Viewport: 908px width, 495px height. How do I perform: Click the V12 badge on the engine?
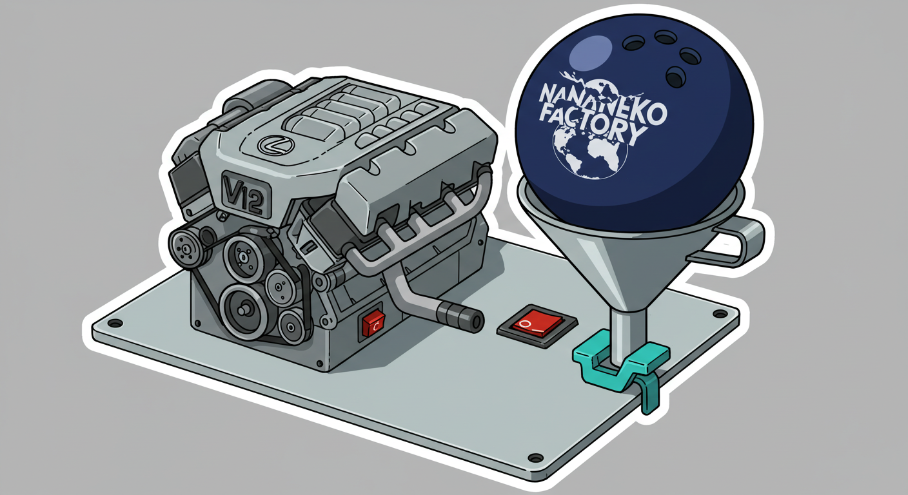pos(246,195)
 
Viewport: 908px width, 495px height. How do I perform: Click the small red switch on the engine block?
pos(373,324)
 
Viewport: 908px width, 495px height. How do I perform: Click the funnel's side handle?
pos(729,243)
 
